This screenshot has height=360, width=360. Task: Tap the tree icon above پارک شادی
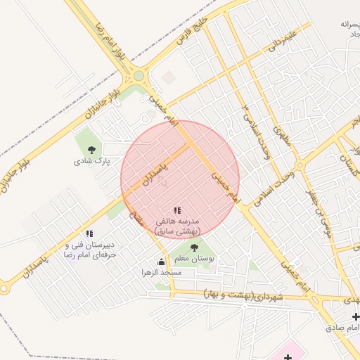91,149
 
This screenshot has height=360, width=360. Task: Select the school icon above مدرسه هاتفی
177,210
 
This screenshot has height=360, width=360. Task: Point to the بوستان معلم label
196,259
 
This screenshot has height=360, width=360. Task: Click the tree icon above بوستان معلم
195,247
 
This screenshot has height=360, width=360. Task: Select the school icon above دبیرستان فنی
89,233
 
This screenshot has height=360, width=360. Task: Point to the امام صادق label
342,328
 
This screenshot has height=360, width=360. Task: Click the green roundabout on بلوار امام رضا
139,76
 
